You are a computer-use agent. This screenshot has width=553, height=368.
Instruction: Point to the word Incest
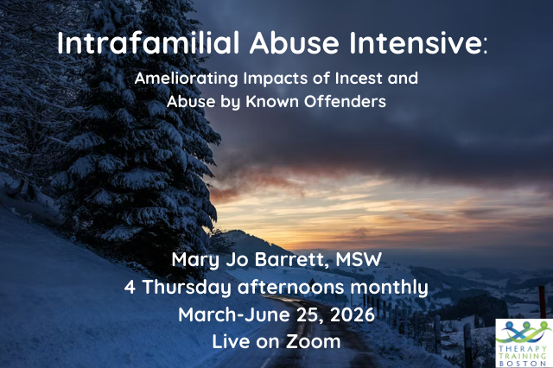tap(349, 79)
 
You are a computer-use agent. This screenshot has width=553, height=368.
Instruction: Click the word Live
tap(232, 340)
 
